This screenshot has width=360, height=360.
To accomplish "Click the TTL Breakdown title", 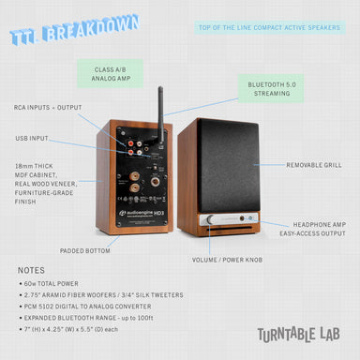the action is click(x=74, y=29).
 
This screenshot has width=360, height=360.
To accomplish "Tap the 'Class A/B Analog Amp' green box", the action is click(x=111, y=74).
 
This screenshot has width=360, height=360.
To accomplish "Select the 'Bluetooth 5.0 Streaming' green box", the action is click(x=271, y=89).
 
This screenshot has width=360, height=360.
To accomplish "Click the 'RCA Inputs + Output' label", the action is click(x=48, y=108).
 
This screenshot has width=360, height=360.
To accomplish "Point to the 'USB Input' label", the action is click(x=32, y=138).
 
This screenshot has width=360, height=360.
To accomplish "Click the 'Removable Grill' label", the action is click(x=314, y=165).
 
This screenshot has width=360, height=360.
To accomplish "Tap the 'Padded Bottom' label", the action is click(x=85, y=251).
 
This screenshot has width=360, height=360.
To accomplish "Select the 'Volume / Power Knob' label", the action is click(x=227, y=260).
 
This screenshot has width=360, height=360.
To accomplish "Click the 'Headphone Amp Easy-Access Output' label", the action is click(x=312, y=229).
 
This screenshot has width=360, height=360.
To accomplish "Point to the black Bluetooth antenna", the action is click(x=160, y=115).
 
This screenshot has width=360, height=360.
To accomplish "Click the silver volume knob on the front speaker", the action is click(x=210, y=219).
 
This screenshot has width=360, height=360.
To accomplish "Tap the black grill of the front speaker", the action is click(x=229, y=166).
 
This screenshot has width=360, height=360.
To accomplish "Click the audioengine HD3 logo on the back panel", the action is click(x=142, y=214).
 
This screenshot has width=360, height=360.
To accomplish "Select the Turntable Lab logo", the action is click(x=298, y=335).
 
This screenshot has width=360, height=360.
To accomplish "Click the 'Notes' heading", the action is click(x=31, y=271).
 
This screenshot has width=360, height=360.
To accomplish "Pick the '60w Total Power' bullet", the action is click(x=49, y=284).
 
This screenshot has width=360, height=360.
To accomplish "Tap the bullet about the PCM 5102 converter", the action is click(x=85, y=307).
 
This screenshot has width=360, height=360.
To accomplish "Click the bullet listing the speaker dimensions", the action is click(x=68, y=329).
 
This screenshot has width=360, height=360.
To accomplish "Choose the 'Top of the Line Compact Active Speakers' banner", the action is click(x=270, y=27).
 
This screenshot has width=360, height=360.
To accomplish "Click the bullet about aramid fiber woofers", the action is click(x=101, y=295).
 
